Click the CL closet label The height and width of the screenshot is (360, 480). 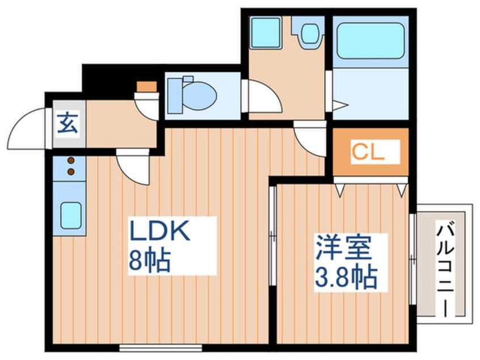tap(368, 152)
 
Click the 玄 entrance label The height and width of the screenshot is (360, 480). tap(67, 123)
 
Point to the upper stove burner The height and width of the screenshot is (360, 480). tap(71, 161)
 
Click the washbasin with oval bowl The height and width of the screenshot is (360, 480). tap(310, 34)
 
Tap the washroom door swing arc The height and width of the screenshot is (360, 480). tap(263, 97)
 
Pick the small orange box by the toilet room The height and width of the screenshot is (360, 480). tap(146, 87)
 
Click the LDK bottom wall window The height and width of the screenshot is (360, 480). tap(161, 346)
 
